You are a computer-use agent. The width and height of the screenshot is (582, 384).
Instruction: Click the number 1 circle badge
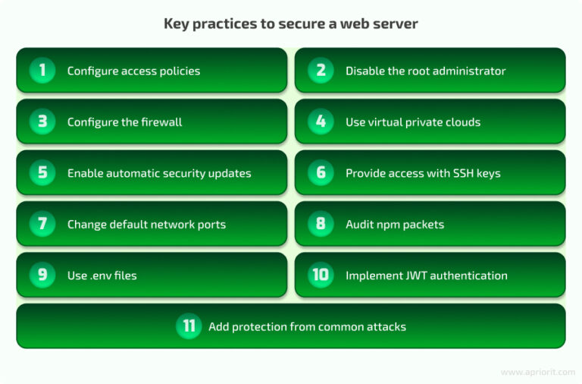tap(42, 71)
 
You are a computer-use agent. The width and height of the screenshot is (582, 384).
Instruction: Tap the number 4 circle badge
tap(321, 121)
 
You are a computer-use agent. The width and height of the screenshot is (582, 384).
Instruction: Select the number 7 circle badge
tap(42, 224)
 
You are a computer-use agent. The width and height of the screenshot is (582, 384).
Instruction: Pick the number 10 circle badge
tap(321, 275)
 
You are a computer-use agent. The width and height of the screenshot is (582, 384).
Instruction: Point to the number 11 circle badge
tap(188, 326)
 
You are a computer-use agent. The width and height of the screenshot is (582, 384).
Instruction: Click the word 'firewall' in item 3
tap(160, 122)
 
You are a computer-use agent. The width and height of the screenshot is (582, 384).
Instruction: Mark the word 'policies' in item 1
tap(179, 71)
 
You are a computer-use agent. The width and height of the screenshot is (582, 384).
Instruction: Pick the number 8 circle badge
tap(321, 224)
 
